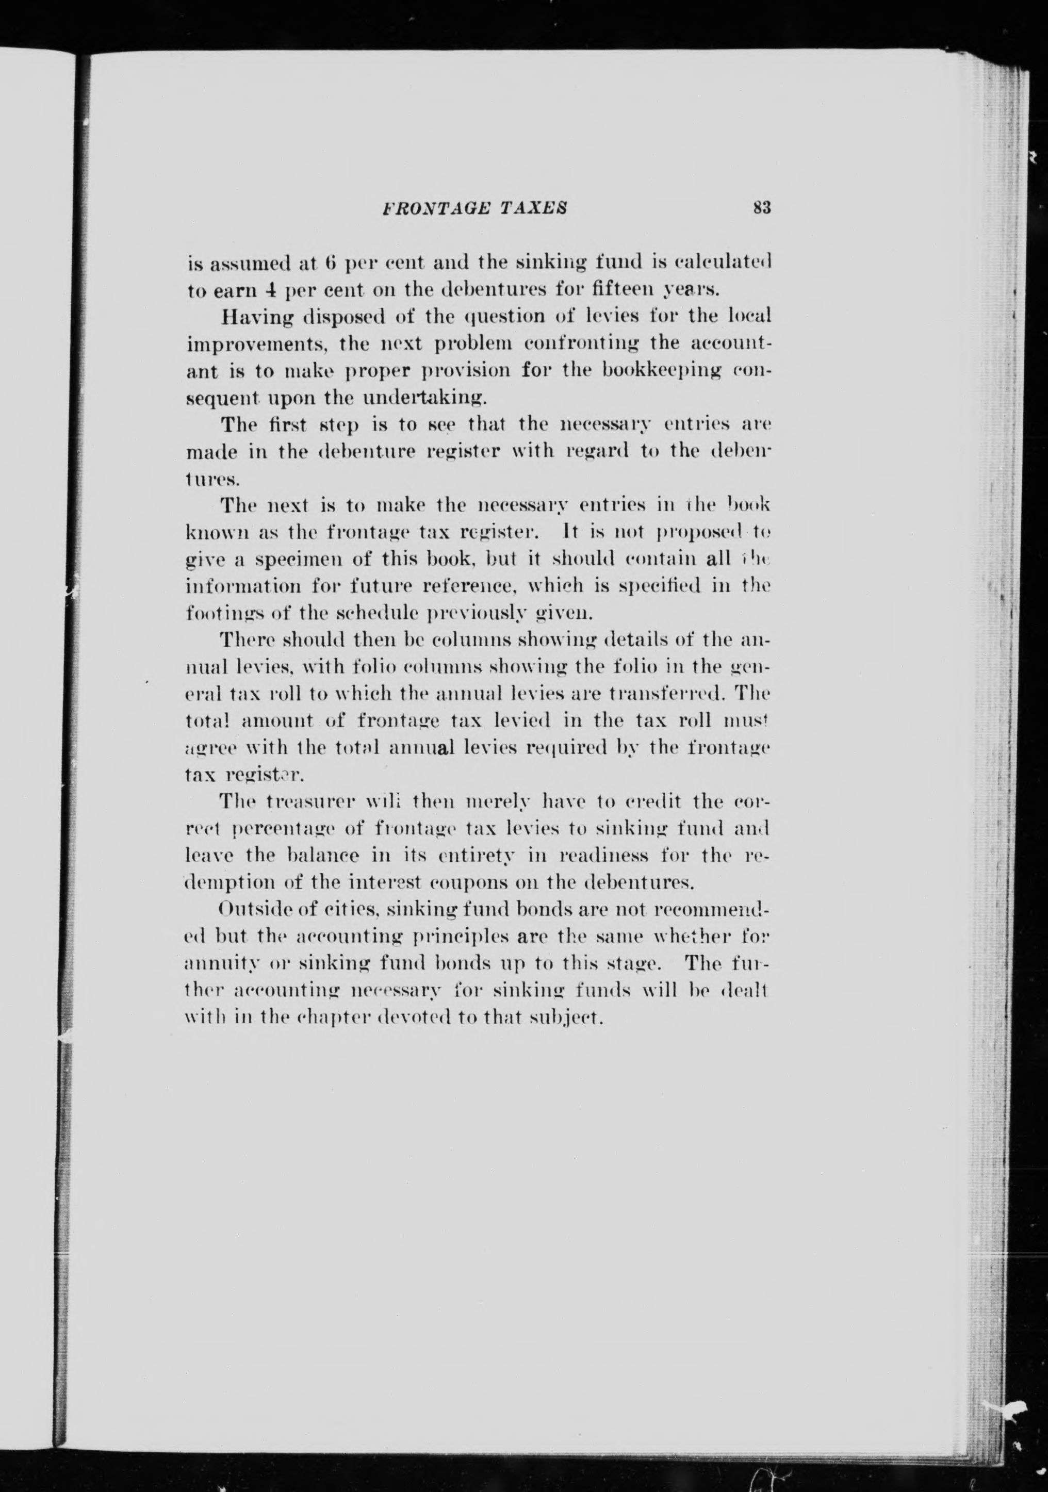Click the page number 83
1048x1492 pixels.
[761, 208]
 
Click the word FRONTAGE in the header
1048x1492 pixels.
[428, 208]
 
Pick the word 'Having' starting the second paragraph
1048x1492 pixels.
[253, 317]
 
